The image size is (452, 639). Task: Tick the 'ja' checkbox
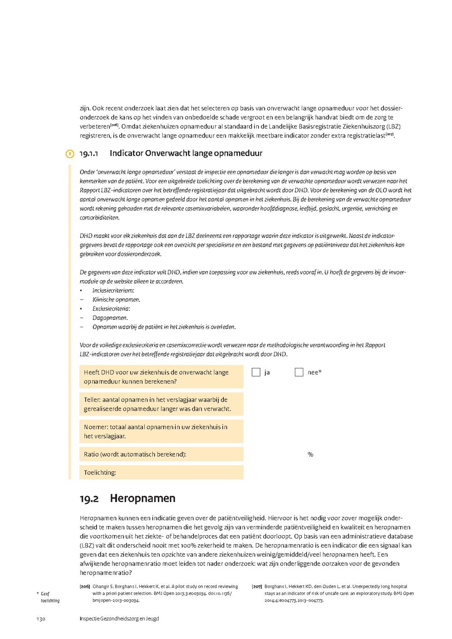coord(256,372)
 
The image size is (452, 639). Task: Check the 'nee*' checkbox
coord(299,372)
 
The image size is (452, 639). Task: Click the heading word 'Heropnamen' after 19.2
coord(143,498)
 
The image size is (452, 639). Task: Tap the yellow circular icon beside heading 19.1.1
coord(70,154)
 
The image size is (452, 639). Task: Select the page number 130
coord(41,619)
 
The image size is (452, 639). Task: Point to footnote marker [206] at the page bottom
coord(84,586)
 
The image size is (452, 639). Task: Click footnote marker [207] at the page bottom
coord(256,586)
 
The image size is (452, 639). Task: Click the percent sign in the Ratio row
coord(310,454)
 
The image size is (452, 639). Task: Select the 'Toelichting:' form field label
coord(100,472)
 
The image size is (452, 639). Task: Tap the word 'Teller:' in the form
coord(93,400)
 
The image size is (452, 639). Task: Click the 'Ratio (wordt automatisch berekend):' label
coord(135,454)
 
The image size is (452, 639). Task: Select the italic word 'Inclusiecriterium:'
coord(114,291)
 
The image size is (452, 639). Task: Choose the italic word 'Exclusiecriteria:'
coord(111,309)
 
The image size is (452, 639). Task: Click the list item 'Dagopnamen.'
coord(110,318)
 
